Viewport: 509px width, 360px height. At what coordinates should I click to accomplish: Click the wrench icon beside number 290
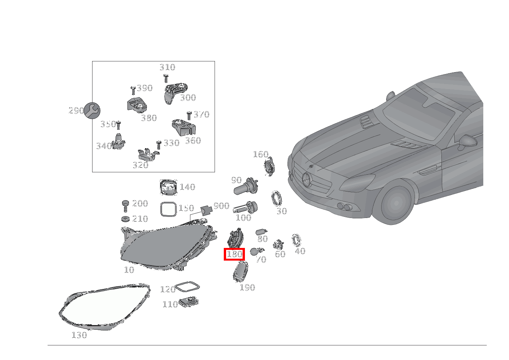click(x=92, y=111)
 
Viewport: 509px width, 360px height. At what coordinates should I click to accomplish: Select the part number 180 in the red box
click(x=235, y=254)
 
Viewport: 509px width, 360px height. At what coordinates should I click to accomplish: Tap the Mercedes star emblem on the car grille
click(x=307, y=180)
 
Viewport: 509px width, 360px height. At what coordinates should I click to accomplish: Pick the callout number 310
click(x=167, y=67)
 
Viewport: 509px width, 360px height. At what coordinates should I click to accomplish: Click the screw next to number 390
click(x=133, y=90)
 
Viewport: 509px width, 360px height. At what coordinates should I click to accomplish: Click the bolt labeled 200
click(x=126, y=206)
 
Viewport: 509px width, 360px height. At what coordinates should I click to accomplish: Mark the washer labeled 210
click(x=126, y=219)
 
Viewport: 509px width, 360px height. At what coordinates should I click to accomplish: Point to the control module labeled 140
click(x=169, y=187)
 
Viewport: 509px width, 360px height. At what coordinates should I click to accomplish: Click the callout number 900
click(x=221, y=206)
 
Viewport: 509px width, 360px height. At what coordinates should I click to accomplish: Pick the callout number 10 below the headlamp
click(x=129, y=270)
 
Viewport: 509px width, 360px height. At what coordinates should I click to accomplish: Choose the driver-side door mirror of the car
click(x=467, y=142)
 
